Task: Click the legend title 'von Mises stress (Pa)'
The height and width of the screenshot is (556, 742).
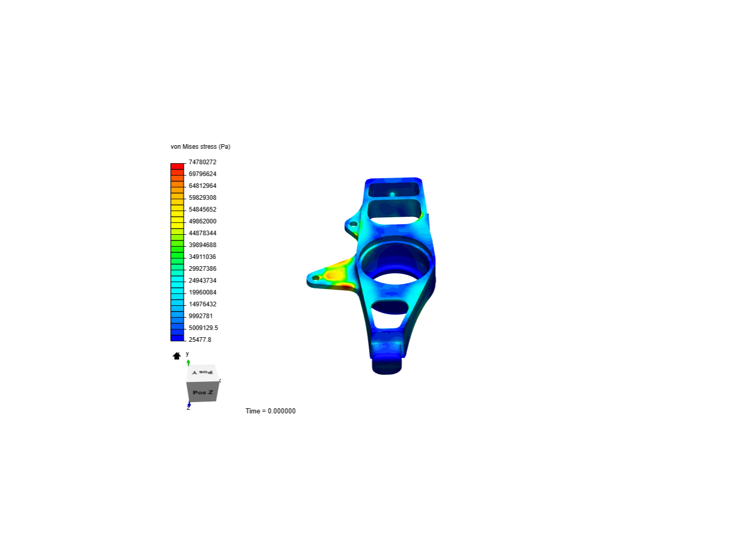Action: pos(200,147)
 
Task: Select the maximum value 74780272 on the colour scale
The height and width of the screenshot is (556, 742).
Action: pos(202,162)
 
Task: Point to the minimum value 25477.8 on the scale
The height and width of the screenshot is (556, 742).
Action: pos(199,340)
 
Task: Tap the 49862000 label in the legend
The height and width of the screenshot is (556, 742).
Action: pos(202,221)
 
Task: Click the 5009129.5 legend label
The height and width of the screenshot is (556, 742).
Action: pos(203,328)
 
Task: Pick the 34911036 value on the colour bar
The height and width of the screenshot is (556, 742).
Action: pos(202,257)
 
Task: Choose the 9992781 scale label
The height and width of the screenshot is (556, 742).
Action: pos(200,316)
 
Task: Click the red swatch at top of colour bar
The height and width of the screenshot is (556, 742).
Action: pos(177,166)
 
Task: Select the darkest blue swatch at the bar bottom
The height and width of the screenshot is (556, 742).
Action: pos(177,338)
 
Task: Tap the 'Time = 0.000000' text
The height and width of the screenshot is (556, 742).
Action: pos(271,411)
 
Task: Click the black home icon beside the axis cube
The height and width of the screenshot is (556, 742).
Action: pos(177,356)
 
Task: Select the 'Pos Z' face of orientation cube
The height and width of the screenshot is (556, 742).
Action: pos(203,392)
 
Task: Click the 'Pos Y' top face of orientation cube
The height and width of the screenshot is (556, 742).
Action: pos(201,372)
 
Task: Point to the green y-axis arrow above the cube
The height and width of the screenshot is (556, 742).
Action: pos(188,362)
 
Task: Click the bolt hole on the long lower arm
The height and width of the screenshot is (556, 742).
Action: pos(315,278)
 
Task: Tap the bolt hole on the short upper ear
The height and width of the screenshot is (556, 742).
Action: pos(353,224)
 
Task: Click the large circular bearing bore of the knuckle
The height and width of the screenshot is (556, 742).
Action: pos(395,263)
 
